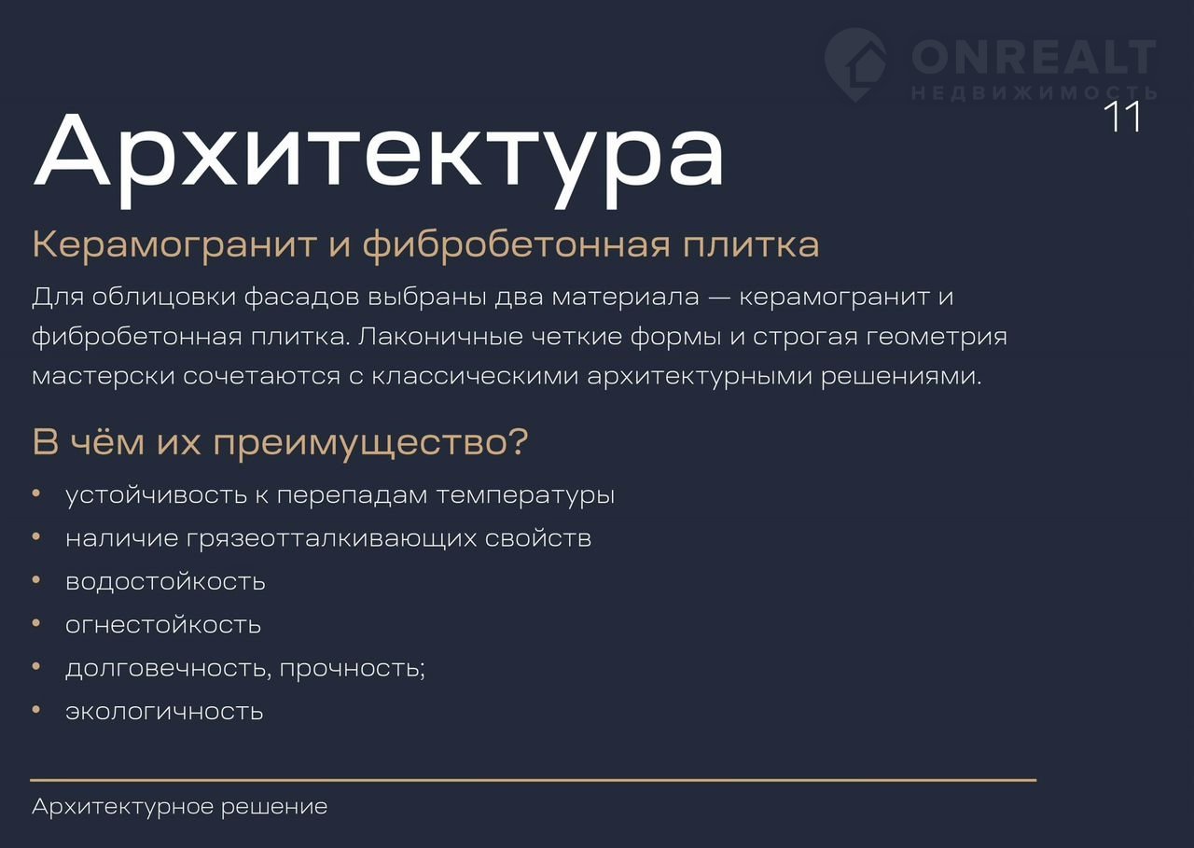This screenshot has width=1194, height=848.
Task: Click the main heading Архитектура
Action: click(379, 159)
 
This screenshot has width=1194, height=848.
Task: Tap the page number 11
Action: click(1122, 117)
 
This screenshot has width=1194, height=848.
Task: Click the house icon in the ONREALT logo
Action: click(856, 64)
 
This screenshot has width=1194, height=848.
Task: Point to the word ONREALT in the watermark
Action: click(1034, 57)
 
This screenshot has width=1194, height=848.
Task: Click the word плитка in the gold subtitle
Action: click(751, 245)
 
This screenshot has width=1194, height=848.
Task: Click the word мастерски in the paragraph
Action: click(104, 377)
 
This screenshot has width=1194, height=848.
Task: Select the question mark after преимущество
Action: click(517, 440)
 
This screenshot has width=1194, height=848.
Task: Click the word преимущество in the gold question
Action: click(358, 443)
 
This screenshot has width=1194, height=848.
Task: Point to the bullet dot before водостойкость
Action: click(36, 580)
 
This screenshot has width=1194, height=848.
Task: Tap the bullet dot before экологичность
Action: click(36, 709)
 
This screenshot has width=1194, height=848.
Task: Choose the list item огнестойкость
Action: click(163, 625)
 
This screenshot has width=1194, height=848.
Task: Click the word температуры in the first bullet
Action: click(525, 496)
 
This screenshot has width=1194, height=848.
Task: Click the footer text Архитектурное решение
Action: click(180, 806)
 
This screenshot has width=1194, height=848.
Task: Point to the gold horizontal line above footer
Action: click(533, 780)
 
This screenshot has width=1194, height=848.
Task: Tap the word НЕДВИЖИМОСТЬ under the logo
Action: click(1034, 93)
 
